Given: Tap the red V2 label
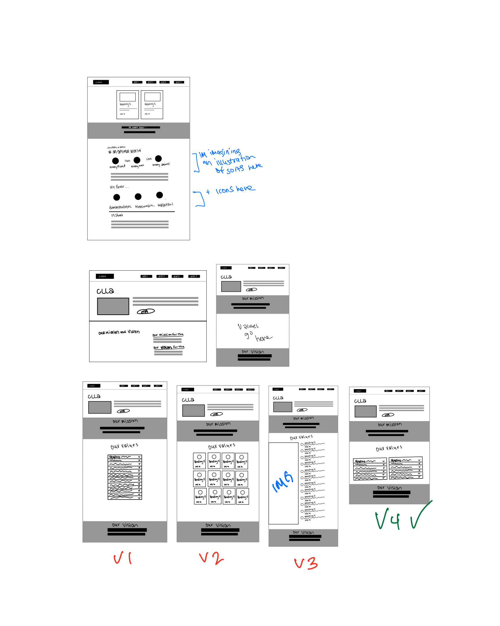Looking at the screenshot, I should (211, 559).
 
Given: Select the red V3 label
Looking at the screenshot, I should (306, 563).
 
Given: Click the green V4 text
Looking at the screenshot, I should (388, 520).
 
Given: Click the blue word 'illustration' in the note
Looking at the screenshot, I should (235, 160).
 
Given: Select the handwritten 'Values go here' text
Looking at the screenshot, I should (253, 332).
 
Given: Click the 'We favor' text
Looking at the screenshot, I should (119, 187).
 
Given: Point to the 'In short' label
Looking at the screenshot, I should (117, 215).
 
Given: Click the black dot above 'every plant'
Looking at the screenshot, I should (115, 160).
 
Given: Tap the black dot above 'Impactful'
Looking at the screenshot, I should (160, 195).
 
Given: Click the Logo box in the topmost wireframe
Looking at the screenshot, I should (101, 82).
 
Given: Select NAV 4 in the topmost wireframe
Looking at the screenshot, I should (179, 82).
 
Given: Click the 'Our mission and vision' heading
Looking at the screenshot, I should (119, 332).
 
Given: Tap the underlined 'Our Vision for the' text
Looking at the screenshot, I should (169, 347).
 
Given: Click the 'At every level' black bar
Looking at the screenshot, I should (140, 127).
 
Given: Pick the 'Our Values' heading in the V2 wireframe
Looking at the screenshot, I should (222, 446).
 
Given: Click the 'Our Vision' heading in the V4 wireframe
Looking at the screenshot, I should (389, 488).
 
